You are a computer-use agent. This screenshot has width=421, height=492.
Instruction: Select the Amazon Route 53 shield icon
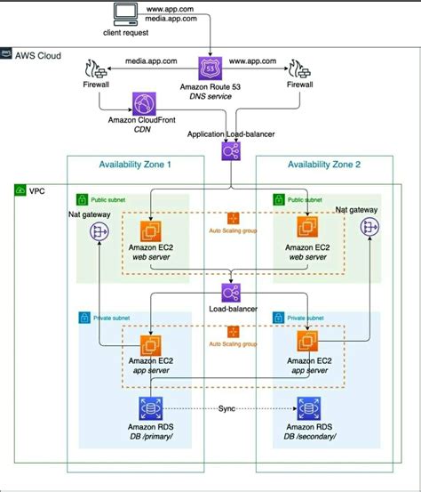(210, 68)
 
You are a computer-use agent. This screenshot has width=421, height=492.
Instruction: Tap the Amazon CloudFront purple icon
(143, 104)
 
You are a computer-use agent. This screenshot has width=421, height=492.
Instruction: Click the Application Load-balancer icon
(230, 151)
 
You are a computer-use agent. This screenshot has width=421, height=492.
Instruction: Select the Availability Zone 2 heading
(323, 164)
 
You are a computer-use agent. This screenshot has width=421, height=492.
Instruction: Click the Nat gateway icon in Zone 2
(365, 228)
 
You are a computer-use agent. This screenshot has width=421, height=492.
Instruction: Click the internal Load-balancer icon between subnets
(230, 293)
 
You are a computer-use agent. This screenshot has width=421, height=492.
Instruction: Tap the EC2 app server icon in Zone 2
(310, 343)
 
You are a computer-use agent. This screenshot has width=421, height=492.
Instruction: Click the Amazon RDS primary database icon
(149, 408)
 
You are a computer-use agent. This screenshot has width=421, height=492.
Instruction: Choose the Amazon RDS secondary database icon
(310, 408)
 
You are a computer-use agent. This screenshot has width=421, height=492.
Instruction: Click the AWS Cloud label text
(39, 55)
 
